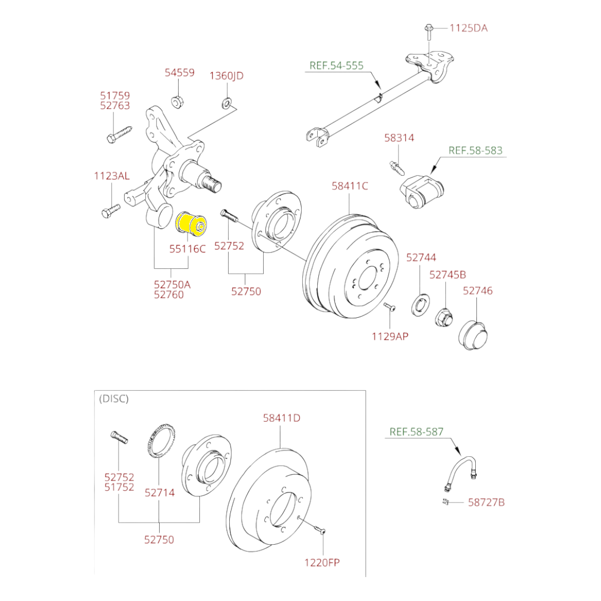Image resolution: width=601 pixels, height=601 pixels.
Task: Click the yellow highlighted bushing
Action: coord(191,224)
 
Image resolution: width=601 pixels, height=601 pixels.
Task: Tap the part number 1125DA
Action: coord(469,27)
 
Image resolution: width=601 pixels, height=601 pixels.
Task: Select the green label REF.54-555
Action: coord(336,66)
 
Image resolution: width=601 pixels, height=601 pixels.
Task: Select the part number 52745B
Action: coord(447,274)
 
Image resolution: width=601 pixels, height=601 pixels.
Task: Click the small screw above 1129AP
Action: coord(390,308)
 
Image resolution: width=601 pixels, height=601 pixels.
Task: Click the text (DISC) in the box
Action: coord(114,398)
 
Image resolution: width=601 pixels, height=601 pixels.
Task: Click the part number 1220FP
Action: coord(322,562)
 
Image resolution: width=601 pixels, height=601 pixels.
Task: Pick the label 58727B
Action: coord(486,503)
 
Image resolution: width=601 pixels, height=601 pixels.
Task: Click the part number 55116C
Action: coord(188,248)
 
